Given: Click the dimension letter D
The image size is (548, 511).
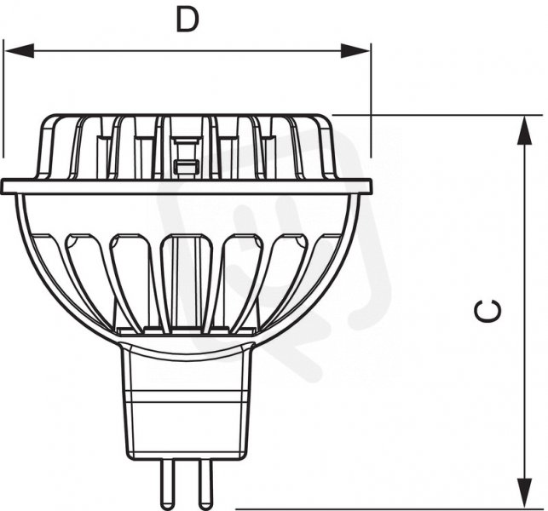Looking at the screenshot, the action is (x=187, y=20).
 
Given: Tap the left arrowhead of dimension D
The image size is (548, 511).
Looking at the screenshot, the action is (x=20, y=51).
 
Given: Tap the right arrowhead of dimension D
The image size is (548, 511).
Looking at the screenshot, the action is (x=355, y=51).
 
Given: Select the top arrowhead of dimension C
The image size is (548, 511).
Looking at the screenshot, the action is (x=524, y=130).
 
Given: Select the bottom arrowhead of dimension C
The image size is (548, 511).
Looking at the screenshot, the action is (x=524, y=492).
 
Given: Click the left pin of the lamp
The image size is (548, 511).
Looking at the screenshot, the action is (x=166, y=484).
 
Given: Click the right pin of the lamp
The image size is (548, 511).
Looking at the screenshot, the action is (x=205, y=484).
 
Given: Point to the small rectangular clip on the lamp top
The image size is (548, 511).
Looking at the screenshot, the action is (x=187, y=166).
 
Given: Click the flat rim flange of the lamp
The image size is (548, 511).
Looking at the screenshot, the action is (x=187, y=186).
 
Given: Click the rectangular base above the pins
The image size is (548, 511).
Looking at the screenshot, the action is (x=187, y=402).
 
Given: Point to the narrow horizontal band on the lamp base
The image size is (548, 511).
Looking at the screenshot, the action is (x=187, y=396).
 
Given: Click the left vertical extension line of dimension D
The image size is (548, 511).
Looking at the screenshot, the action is (x=3, y=99).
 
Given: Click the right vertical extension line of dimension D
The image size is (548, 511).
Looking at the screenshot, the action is (x=371, y=100).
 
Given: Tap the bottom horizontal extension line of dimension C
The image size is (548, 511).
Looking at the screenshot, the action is (x=389, y=509).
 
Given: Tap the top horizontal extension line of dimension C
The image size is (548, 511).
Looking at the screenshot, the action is (x=437, y=115).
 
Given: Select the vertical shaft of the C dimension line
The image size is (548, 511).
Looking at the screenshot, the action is (x=524, y=312).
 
